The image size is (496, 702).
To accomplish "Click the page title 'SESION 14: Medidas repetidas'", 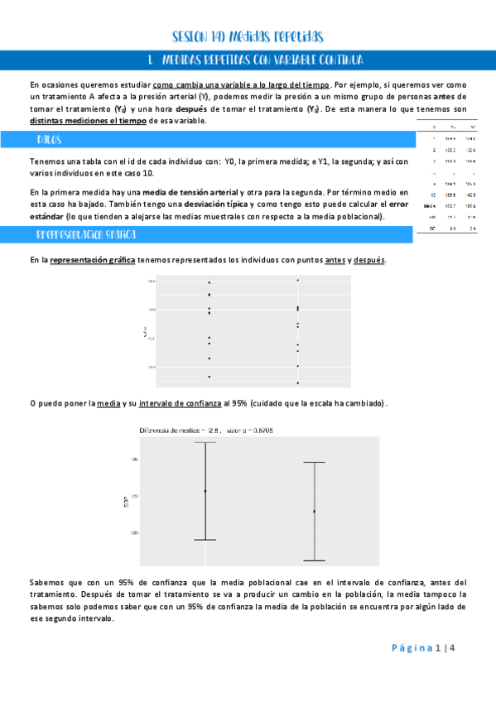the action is (x=247, y=37).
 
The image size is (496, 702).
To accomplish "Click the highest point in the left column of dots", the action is (x=209, y=282).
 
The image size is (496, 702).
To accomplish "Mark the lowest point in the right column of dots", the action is (x=297, y=383).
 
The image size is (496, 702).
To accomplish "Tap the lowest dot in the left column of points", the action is (x=209, y=377).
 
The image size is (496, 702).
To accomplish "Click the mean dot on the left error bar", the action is (x=205, y=491).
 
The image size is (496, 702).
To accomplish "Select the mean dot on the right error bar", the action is (x=314, y=512).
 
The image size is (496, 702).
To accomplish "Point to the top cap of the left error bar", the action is (x=205, y=442).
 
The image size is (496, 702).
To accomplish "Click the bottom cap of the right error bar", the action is (x=314, y=560).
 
